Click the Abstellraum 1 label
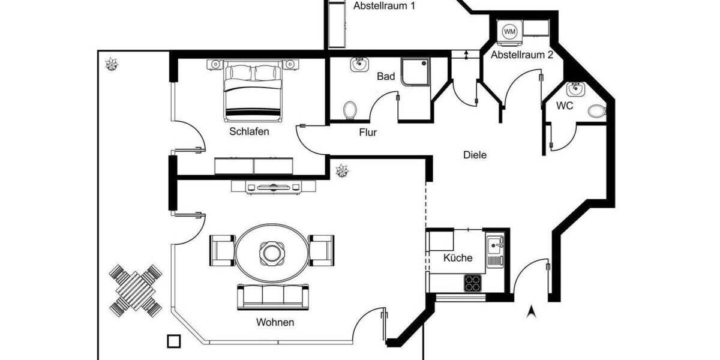click(x=385, y=6)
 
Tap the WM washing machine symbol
click(x=509, y=31)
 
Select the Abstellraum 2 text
click(x=521, y=55)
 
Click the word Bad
click(x=386, y=77)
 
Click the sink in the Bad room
click(x=360, y=65)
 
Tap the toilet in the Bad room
click(x=350, y=110)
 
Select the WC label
click(x=565, y=106)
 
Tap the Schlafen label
click(x=249, y=131)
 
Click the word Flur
click(x=368, y=133)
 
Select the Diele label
click(x=475, y=155)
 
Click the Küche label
click(x=458, y=258)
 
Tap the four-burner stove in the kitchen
click(x=473, y=282)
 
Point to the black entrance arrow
click(x=530, y=311)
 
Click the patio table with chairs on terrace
click(x=136, y=290)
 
